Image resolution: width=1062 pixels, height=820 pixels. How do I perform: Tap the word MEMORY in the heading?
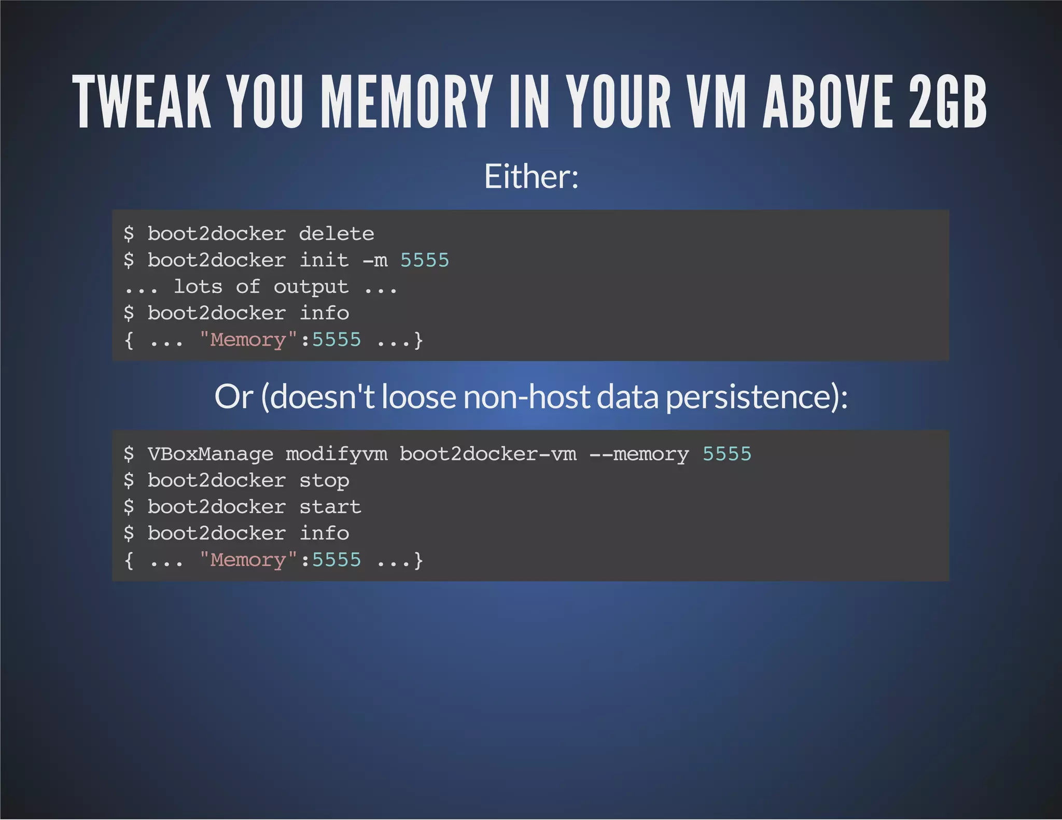click(x=406, y=102)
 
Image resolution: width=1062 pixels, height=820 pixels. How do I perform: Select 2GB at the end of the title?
click(x=948, y=102)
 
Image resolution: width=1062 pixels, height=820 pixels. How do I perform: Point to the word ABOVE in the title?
click(x=828, y=102)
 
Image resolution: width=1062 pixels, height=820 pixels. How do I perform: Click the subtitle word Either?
click(x=531, y=177)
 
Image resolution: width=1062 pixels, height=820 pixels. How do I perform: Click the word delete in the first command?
click(x=337, y=234)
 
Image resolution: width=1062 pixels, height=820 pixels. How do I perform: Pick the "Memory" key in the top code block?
click(x=248, y=340)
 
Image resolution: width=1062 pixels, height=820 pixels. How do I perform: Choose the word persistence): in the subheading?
click(x=757, y=397)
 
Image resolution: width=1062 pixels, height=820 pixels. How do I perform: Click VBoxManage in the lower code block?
click(x=210, y=455)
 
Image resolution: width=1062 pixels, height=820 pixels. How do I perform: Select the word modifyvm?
click(x=337, y=455)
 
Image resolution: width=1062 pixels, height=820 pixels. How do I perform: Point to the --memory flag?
click(x=639, y=455)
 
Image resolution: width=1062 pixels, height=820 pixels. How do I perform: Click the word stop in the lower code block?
click(x=324, y=481)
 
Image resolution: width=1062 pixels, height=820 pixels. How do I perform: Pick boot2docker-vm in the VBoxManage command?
click(x=488, y=455)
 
